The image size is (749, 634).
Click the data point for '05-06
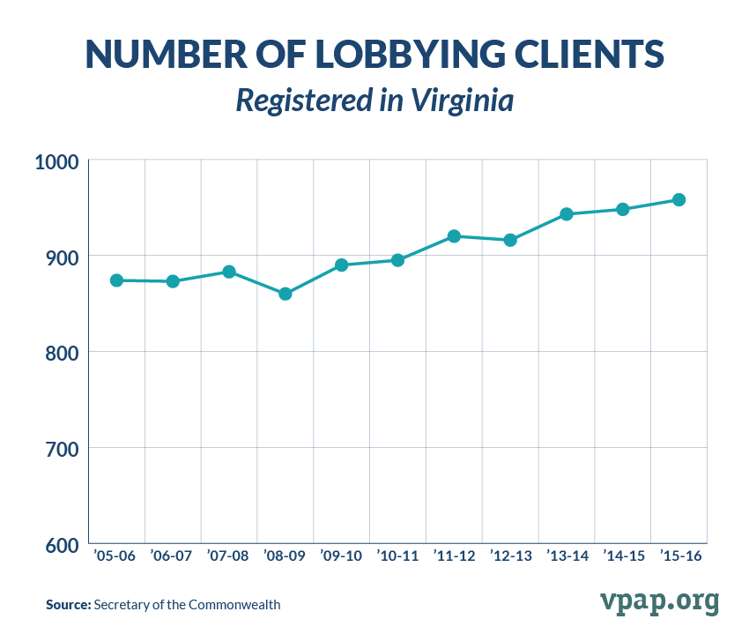pos(116,280)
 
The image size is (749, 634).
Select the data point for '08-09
pos(286,294)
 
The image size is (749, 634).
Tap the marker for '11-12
pos(454,236)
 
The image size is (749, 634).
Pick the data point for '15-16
pos(679,200)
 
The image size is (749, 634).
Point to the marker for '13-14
pos(567,214)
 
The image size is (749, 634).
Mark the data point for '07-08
pos(229,272)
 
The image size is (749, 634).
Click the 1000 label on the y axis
pos(57,162)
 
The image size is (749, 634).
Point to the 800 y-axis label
pos(60,354)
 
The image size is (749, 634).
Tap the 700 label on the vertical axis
pos(60,450)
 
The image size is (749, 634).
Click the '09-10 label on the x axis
pos(341,556)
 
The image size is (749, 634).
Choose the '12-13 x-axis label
pos(510,556)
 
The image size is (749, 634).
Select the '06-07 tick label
pos(172,556)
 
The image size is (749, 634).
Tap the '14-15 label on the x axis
pos(623,556)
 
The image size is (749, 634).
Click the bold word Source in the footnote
pos(67,605)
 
